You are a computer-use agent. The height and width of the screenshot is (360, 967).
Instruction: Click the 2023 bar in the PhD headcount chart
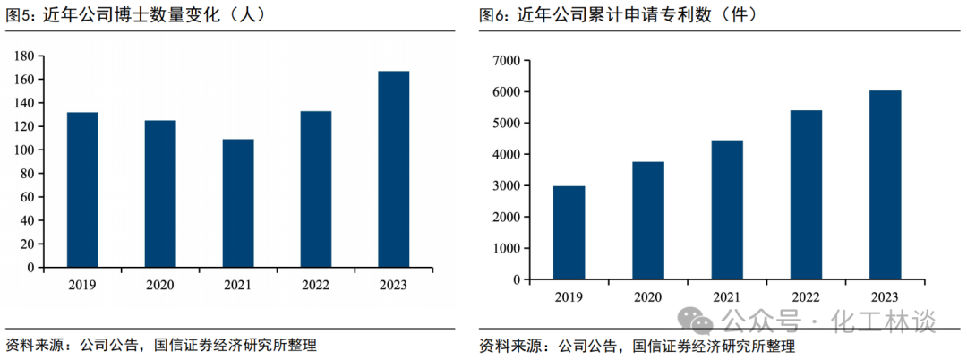393,169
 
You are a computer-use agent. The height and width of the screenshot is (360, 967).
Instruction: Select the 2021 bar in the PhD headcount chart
238,203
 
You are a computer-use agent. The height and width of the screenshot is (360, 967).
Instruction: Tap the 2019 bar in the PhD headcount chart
82,190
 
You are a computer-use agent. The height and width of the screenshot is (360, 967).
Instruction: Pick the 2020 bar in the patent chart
648,220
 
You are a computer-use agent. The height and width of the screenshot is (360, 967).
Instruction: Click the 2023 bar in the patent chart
885,185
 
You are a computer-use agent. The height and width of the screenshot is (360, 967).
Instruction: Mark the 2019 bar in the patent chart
569,233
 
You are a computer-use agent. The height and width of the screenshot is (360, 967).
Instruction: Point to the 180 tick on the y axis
24,56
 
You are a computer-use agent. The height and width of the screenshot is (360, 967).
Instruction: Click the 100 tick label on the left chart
24,150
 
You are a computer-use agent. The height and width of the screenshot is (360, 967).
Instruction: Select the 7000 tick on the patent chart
505,60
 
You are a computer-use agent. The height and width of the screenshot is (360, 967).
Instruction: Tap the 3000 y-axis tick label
505,185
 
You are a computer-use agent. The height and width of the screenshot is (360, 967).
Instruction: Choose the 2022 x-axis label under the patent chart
806,297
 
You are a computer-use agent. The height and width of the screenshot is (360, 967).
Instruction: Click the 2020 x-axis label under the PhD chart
160,286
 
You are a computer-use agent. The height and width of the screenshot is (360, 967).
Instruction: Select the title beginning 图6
619,16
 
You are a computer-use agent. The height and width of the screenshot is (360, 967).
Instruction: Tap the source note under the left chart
161,345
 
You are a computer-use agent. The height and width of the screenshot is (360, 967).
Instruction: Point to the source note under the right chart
637,345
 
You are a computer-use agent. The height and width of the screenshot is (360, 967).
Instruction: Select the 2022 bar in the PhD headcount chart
316,189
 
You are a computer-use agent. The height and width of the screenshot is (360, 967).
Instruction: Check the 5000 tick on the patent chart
505,123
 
